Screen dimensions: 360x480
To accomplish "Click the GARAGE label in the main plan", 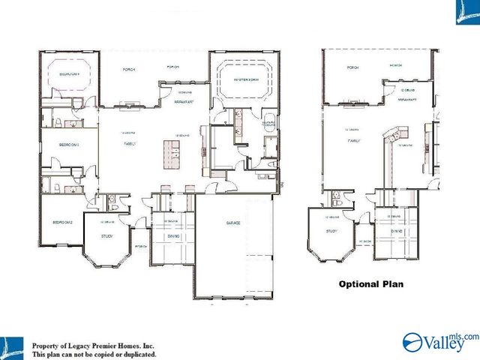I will [234, 223].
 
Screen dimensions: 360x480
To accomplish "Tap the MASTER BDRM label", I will [246, 79].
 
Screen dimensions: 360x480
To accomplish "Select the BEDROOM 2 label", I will [61, 223].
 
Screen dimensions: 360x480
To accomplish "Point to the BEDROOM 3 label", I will [69, 143].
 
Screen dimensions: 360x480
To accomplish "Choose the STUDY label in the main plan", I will [107, 237].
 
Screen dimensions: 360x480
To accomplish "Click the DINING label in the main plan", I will [172, 237].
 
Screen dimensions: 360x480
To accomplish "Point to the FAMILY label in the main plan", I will [129, 144].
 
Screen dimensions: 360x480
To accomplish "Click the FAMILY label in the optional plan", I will [353, 140].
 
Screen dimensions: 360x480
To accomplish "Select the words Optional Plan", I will [370, 284].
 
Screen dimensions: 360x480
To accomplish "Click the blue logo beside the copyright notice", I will [13, 346].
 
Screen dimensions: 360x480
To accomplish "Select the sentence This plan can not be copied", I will [94, 353].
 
